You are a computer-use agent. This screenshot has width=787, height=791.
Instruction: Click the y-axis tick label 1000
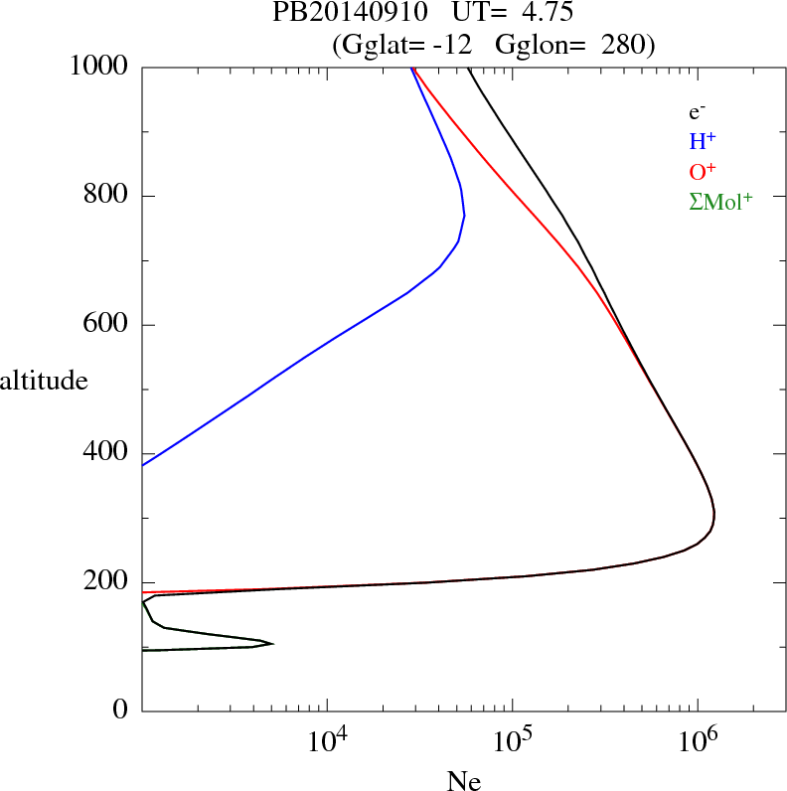coord(98,67)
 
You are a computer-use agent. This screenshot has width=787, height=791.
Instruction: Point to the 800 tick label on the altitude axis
coord(105,196)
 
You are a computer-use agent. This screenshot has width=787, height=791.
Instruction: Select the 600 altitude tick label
coord(105,325)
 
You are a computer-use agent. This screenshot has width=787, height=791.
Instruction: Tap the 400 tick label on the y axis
coord(105,454)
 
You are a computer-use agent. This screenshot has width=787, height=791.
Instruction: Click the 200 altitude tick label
coord(105,583)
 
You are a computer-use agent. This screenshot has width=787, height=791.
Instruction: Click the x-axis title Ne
coord(464,781)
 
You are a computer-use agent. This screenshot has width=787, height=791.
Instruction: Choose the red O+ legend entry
coord(703,171)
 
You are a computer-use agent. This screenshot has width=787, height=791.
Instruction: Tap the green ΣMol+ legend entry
coord(720,202)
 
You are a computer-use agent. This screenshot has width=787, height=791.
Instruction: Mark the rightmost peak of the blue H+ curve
coord(464,216)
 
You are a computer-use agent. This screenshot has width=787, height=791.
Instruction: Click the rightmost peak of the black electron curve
coord(714,518)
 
